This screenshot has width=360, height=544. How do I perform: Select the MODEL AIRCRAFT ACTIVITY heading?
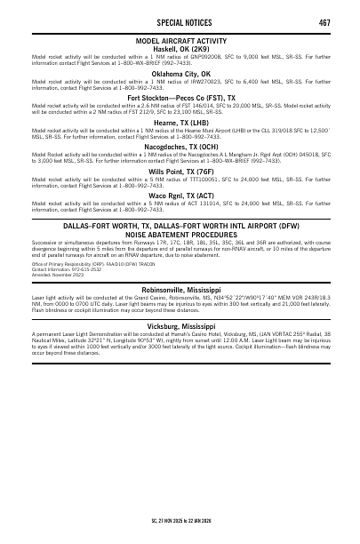(x=180, y=42)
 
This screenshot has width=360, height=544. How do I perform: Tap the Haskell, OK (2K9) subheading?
(x=180, y=49)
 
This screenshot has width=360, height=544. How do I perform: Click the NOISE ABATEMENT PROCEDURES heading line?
(x=180, y=235)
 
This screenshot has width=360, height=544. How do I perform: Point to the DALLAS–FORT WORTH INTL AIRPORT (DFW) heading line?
(x=180, y=227)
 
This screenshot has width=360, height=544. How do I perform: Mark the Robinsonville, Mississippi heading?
(x=180, y=289)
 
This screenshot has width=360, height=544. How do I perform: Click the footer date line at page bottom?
(x=180, y=516)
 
